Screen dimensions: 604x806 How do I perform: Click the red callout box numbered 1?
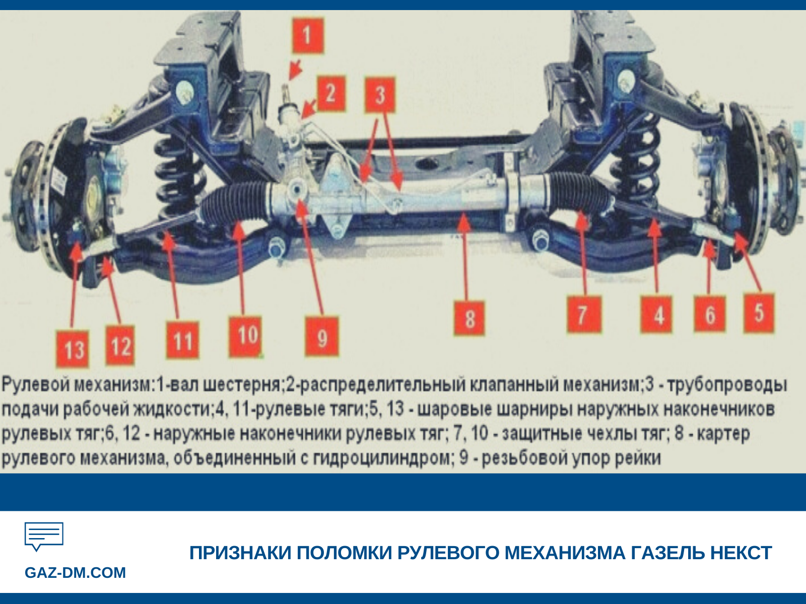pyautogui.click(x=307, y=35)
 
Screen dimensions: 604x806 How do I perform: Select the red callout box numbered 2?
pyautogui.click(x=330, y=94)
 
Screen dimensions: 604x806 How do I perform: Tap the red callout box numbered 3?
pyautogui.click(x=380, y=95)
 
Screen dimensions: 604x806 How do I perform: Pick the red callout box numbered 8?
pyautogui.click(x=469, y=318)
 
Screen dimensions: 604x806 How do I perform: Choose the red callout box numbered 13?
pyautogui.click(x=74, y=349)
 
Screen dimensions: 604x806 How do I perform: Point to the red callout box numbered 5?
pyautogui.click(x=759, y=313)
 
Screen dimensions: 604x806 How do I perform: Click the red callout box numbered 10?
pyautogui.click(x=247, y=336)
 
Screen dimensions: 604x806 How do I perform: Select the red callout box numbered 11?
pyautogui.click(x=183, y=341)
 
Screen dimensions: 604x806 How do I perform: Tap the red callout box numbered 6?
pyautogui.click(x=709, y=315)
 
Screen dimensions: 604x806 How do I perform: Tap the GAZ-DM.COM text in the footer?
pyautogui.click(x=75, y=573)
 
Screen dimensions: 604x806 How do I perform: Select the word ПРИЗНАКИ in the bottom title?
pyautogui.click(x=241, y=553)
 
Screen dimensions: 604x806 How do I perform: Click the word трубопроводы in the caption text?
pyautogui.click(x=727, y=385)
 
